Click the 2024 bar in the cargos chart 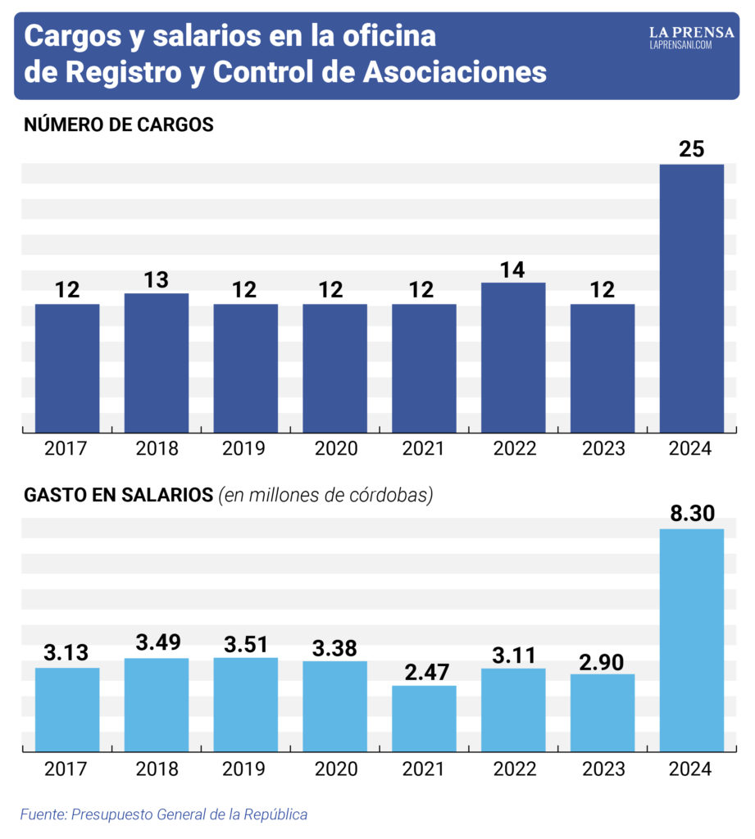tap(691, 298)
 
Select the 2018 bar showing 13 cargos tap(157, 363)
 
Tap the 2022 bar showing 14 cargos tap(513, 357)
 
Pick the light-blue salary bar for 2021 tap(424, 718)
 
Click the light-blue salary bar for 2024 tap(691, 640)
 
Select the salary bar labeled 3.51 tap(246, 704)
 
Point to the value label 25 tap(691, 149)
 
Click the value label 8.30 tap(693, 513)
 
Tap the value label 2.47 tap(427, 672)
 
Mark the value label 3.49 tap(158, 642)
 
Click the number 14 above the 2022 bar tap(512, 270)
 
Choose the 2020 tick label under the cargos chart tap(336, 448)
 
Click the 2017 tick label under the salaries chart tap(66, 769)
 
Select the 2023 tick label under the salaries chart tap(603, 769)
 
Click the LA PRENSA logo tap(691, 38)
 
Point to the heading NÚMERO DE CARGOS tap(119, 125)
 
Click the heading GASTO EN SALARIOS tap(118, 495)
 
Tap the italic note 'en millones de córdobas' tap(325, 496)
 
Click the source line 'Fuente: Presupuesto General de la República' tap(164, 814)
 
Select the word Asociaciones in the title tap(455, 72)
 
